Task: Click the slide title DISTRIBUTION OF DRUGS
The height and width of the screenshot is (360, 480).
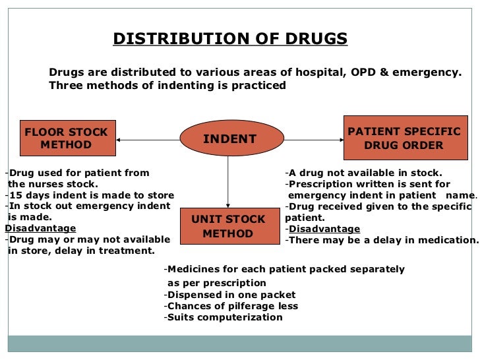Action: coord(229,39)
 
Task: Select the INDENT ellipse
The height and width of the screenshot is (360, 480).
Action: coord(229,139)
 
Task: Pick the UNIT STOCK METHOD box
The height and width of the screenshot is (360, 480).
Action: coord(227,226)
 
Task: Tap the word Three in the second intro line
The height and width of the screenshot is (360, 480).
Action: coord(65,86)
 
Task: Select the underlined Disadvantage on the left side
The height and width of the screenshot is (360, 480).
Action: coord(40,228)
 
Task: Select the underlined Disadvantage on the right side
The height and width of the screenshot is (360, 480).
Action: coord(324,229)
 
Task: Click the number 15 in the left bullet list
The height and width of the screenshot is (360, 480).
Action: coord(15,195)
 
